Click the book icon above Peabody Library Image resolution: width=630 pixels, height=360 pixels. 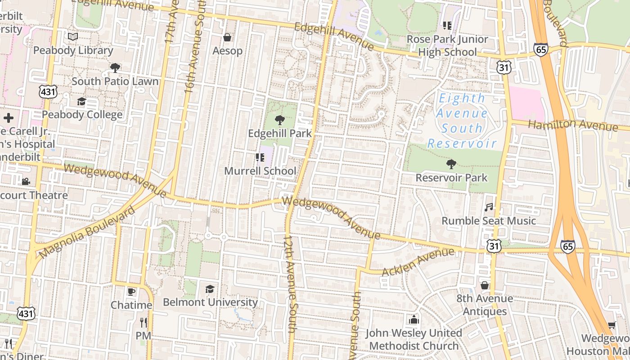click(x=72, y=36)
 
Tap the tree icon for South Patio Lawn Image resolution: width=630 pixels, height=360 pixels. click(x=115, y=68)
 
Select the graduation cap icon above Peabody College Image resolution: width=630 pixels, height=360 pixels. click(x=81, y=101)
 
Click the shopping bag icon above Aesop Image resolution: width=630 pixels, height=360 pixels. click(x=227, y=37)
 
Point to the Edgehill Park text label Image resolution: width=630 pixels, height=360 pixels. click(x=280, y=134)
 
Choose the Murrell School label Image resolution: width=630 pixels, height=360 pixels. click(x=260, y=171)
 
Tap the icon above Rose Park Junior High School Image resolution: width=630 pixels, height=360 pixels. click(x=447, y=26)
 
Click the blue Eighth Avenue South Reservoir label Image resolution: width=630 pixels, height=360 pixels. click(x=462, y=121)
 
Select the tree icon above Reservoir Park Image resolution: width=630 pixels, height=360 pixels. click(x=451, y=164)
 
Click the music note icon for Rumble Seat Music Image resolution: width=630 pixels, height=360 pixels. click(x=489, y=207)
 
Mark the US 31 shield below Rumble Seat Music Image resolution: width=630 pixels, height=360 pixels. click(x=494, y=246)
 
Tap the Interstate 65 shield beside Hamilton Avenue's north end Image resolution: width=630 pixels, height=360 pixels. click(x=541, y=49)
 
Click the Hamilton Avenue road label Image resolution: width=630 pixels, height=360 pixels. click(x=572, y=125)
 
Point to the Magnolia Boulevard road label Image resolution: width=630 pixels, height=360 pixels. click(x=86, y=233)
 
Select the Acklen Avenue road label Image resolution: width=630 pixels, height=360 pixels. click(x=418, y=262)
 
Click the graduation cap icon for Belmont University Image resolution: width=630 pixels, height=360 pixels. click(x=210, y=288)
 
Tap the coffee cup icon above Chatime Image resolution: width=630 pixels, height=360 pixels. click(x=131, y=292)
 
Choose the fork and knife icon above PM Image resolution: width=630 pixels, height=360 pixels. click(x=143, y=322)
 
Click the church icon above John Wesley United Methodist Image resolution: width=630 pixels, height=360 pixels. click(x=414, y=319)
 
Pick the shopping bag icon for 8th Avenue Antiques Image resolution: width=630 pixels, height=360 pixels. click(x=485, y=285)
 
